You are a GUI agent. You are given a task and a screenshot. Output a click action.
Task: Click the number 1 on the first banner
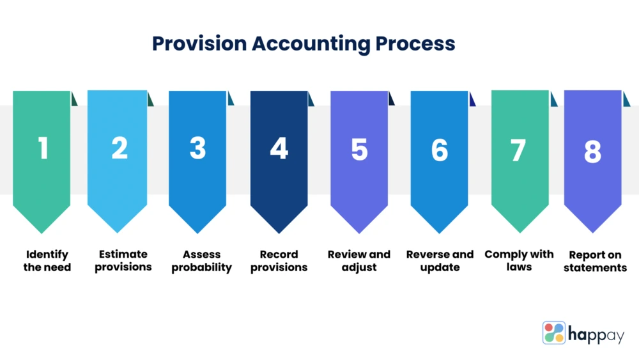click(43, 148)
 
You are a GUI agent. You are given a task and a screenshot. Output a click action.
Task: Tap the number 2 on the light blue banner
click(119, 148)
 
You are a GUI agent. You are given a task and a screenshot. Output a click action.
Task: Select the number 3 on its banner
click(197, 148)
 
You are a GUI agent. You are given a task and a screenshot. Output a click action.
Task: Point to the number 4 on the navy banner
click(279, 148)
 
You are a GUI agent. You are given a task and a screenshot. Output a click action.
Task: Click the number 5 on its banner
click(359, 149)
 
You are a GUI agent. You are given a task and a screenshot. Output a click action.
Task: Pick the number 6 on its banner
click(440, 150)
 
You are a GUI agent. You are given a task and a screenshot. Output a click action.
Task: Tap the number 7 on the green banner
click(518, 150)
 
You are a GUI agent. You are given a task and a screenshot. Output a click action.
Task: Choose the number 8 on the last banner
click(592, 152)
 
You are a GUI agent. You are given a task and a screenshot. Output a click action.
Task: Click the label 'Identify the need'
click(47, 260)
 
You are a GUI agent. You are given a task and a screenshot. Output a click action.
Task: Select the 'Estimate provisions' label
click(123, 260)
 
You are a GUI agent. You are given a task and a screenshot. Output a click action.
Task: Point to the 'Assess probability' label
click(201, 261)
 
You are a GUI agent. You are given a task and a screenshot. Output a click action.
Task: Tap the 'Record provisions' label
click(279, 260)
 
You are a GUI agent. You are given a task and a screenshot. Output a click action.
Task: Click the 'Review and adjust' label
click(359, 260)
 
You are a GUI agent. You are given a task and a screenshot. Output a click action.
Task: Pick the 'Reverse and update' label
click(440, 261)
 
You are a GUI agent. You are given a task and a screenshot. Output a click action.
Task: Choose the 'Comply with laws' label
click(519, 260)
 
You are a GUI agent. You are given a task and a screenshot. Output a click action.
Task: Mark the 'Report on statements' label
click(596, 261)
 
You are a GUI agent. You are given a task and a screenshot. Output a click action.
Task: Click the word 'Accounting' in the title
click(311, 44)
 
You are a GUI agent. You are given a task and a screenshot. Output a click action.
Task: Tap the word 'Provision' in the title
click(199, 43)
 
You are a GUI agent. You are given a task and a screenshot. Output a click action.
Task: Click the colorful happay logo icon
click(554, 333)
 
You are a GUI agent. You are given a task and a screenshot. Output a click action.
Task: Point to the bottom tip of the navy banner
click(279, 233)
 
